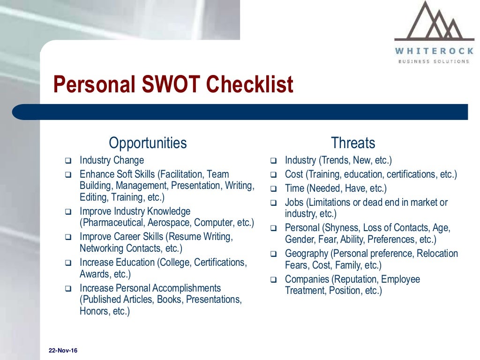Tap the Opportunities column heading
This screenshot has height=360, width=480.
148,142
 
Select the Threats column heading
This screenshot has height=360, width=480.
353,142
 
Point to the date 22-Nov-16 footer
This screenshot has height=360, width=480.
63,351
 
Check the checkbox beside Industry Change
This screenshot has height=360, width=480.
68,161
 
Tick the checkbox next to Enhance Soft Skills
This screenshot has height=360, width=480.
68,175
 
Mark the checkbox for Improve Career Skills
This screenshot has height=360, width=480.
68,237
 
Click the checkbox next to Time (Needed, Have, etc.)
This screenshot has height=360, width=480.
274,189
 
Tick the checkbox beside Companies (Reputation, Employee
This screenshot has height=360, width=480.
274,280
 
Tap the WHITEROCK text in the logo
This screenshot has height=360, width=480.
434,51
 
